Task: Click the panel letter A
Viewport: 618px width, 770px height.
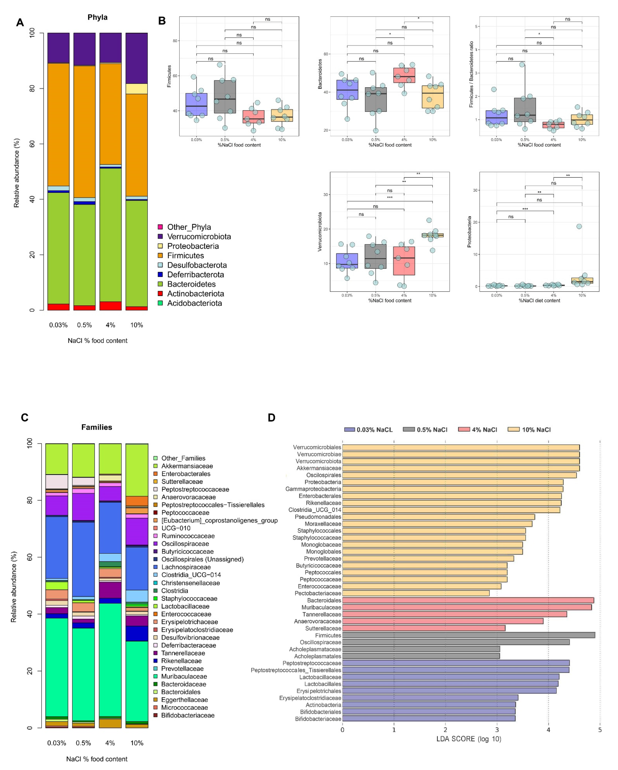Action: point(20,23)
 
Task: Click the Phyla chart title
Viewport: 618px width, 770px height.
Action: point(97,17)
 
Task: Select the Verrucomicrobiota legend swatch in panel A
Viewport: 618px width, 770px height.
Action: point(160,236)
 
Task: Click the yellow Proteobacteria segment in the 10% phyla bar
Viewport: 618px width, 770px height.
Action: point(136,89)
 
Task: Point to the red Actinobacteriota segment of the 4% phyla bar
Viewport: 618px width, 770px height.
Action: point(110,306)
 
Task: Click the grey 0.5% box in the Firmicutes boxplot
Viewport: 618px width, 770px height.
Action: point(225,96)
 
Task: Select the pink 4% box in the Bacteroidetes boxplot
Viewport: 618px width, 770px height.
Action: point(404,75)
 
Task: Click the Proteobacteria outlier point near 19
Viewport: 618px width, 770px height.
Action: point(579,226)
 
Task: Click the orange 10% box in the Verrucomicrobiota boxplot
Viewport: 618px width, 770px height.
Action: point(432,235)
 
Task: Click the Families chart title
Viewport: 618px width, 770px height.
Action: point(97,427)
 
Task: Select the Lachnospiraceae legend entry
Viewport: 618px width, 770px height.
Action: point(186,567)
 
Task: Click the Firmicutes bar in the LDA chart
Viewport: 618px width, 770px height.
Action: point(468,635)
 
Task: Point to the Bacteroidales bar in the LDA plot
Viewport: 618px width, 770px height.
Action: point(468,600)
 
